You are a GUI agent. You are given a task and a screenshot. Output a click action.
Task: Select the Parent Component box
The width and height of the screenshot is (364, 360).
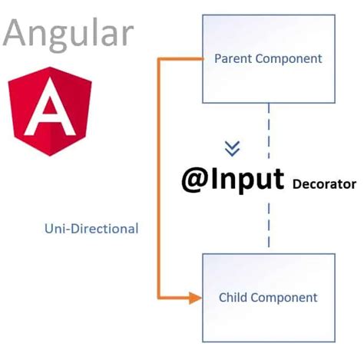click(x=268, y=59)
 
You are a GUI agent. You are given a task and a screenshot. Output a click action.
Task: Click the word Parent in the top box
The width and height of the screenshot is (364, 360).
click(x=232, y=58)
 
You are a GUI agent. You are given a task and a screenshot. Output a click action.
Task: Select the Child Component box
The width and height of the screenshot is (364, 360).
click(x=268, y=298)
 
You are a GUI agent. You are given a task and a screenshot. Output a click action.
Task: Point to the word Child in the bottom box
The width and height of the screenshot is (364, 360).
click(x=235, y=298)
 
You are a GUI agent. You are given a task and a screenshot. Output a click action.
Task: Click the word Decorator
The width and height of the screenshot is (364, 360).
click(x=324, y=184)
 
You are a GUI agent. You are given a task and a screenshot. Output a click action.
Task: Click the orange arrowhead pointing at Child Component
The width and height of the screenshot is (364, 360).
click(x=195, y=298)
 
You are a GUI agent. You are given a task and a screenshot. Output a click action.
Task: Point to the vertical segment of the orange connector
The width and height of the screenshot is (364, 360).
click(x=158, y=177)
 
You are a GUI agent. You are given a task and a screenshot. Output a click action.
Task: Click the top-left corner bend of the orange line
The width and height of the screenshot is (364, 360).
click(x=159, y=58)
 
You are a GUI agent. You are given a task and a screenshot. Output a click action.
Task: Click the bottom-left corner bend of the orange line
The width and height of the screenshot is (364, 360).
click(x=159, y=297)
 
